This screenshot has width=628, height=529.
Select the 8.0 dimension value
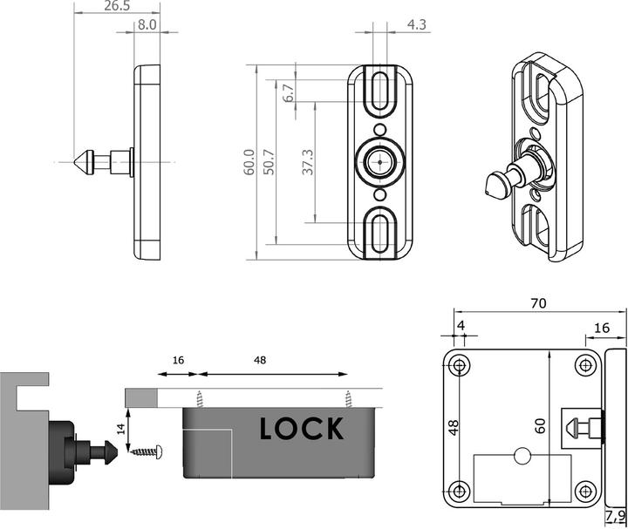(147, 25)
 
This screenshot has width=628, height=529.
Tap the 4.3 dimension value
(417, 25)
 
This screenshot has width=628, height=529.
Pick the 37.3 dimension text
(308, 162)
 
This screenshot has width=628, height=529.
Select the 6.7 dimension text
(288, 92)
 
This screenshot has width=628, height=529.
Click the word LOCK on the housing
(301, 429)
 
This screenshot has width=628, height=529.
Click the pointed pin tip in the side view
(79, 161)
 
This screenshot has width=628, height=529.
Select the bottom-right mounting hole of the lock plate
(584, 490)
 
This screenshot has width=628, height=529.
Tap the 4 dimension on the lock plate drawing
(461, 327)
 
